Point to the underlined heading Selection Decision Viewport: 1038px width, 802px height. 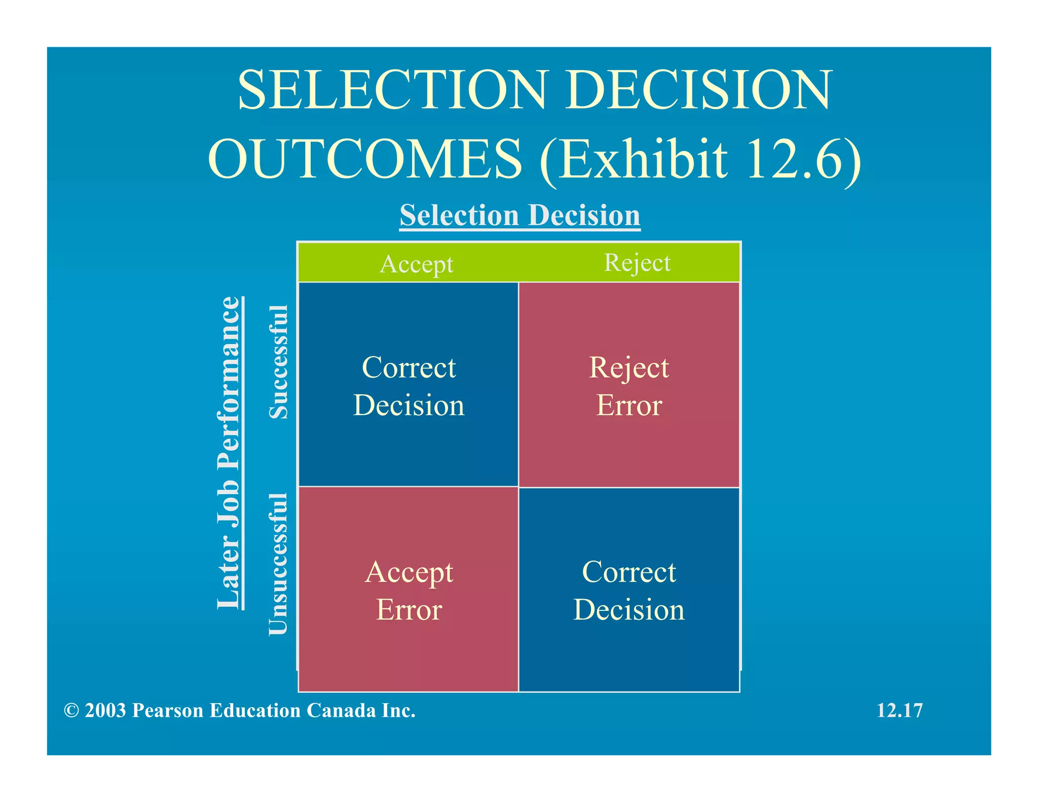click(x=520, y=215)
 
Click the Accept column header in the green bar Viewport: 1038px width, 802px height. click(x=416, y=264)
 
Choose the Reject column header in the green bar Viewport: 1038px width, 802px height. click(x=637, y=263)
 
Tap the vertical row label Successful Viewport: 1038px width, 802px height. click(x=278, y=362)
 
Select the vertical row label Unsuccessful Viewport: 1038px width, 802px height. click(x=278, y=563)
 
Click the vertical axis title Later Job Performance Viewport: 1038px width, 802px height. click(x=229, y=453)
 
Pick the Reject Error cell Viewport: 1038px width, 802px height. click(x=629, y=385)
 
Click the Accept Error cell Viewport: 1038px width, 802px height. click(x=409, y=590)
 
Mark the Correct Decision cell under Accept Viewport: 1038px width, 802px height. click(x=409, y=385)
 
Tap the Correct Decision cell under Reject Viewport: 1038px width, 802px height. click(x=629, y=590)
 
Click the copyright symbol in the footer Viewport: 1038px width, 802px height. click(x=71, y=711)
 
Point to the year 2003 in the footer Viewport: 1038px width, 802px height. click(x=105, y=711)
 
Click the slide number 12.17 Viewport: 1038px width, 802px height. click(x=899, y=711)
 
